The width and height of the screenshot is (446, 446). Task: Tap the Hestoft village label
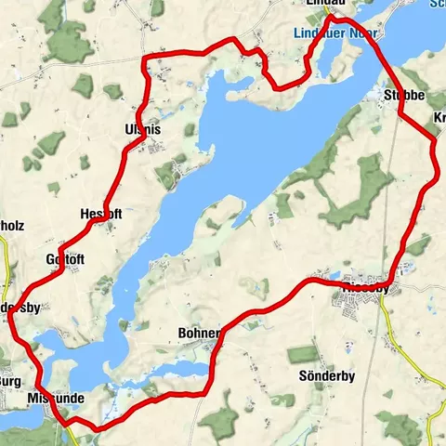(100, 213)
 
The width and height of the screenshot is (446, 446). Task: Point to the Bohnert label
(198, 333)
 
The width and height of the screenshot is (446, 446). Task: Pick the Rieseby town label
(369, 287)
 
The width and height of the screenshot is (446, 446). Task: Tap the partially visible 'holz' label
(13, 224)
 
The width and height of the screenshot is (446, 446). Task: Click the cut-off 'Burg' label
(9, 380)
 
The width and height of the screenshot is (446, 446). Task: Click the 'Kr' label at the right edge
(438, 118)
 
